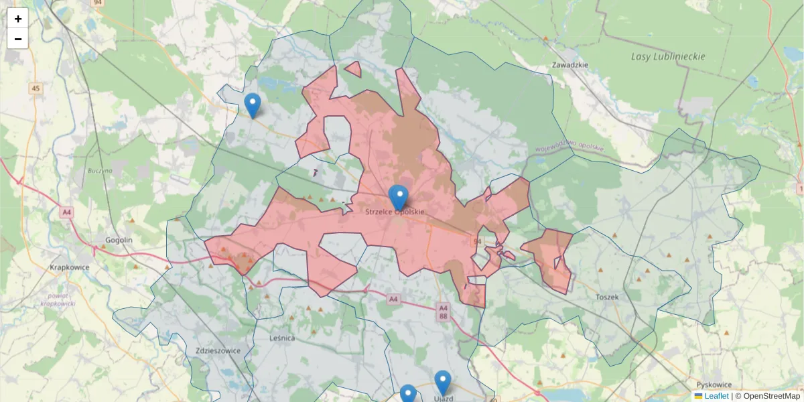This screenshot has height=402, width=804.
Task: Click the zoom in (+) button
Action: pos(17,19)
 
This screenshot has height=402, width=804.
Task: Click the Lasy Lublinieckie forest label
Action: pos(667,57)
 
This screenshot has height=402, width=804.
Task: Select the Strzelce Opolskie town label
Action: pos(395,212)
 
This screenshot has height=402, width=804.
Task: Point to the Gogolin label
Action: pos(119,240)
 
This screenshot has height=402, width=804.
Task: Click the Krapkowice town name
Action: pos(70,267)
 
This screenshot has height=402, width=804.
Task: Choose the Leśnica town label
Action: pos(282,338)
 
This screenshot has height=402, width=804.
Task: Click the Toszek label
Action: pos(606,296)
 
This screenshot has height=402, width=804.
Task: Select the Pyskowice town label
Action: pos(714,385)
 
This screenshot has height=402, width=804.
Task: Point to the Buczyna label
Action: pos(99,171)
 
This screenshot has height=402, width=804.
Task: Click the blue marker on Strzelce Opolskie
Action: pos(399,197)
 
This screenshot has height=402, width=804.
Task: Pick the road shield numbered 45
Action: pos(36,88)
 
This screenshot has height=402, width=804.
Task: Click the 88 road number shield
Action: pos(443,316)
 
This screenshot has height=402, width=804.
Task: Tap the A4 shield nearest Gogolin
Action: pos(66,212)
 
